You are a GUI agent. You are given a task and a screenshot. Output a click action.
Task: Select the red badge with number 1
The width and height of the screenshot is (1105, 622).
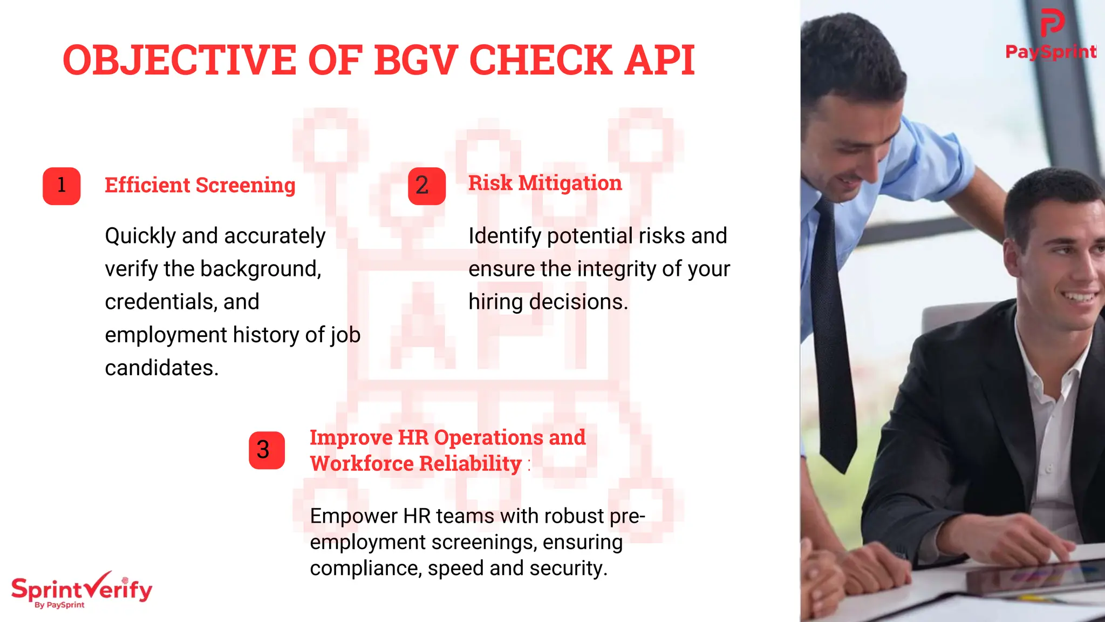(62, 186)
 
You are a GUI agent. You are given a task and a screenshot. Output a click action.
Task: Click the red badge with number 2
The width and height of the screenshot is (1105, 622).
(426, 186)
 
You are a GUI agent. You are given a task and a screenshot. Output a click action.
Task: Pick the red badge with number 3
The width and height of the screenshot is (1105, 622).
(267, 450)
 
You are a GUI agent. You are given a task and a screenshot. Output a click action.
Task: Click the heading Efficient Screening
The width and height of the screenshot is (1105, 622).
(200, 185)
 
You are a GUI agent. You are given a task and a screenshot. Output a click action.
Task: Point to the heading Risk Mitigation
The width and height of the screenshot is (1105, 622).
(544, 183)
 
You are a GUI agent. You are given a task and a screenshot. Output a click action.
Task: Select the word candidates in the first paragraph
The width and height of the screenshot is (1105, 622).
(161, 368)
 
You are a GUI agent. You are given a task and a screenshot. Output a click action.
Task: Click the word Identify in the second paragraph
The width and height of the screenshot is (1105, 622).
(504, 236)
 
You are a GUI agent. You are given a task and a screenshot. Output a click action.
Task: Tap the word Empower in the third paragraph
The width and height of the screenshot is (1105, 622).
(353, 516)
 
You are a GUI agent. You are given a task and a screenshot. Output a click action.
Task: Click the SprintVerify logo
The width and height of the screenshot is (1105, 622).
(81, 590)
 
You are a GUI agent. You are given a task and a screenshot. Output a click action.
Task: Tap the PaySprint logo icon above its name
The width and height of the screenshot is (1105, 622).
(1052, 23)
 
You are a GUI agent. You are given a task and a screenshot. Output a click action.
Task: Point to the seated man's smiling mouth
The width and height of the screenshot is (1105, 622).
(1079, 296)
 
